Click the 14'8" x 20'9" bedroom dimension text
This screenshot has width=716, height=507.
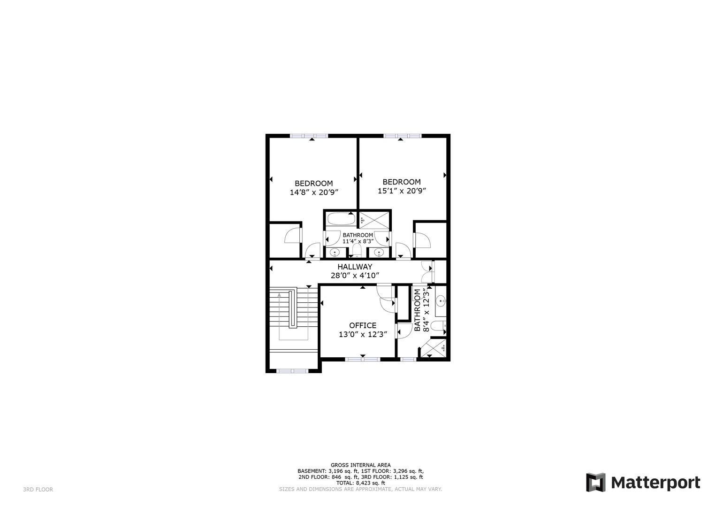314,192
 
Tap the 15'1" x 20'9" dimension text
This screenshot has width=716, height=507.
402,191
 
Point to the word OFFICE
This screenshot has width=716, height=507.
363,325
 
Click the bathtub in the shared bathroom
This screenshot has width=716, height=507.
341,218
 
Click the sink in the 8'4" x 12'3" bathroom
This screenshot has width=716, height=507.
440,300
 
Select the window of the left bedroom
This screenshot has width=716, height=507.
309,136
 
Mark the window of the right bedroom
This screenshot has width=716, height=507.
402,136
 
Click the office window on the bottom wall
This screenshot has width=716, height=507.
363,360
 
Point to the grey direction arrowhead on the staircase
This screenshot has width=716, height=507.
280,295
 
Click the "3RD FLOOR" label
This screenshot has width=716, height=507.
38,490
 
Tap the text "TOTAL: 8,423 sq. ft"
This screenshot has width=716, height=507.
360,483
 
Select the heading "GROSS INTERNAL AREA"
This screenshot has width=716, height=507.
360,465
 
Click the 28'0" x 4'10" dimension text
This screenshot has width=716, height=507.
355,276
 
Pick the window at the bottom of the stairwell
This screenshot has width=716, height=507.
292,371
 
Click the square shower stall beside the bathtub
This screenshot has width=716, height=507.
374,219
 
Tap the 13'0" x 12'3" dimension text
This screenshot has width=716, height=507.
363,335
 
